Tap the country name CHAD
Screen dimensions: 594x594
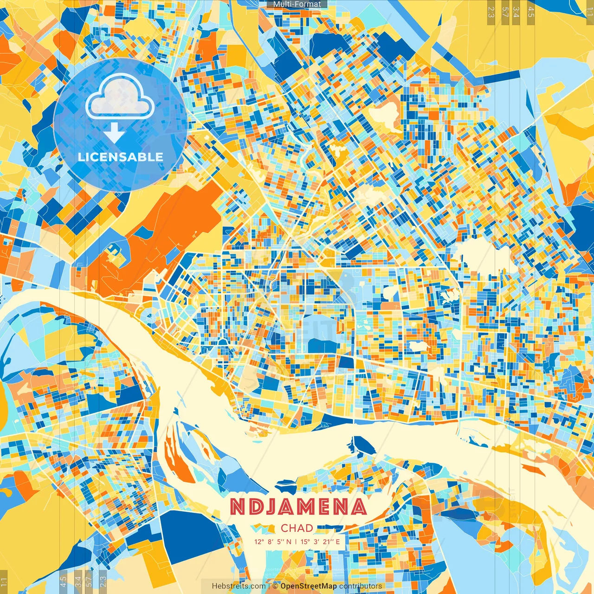297,528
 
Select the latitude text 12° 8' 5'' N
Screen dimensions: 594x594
273,541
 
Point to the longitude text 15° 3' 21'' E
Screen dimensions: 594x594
321,541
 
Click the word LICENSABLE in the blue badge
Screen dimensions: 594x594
121,157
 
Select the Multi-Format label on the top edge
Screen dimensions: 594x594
297,4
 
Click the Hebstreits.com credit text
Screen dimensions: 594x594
239,586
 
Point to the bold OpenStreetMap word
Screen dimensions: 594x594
309,586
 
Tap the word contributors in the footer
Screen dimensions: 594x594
361,586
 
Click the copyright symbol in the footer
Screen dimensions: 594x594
275,586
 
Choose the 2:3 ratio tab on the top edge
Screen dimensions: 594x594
491,11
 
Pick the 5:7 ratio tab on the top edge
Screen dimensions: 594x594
505,11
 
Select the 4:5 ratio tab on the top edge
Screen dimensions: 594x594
531,11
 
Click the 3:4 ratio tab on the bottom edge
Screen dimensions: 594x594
77,581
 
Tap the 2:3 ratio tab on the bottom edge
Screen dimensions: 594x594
103,581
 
